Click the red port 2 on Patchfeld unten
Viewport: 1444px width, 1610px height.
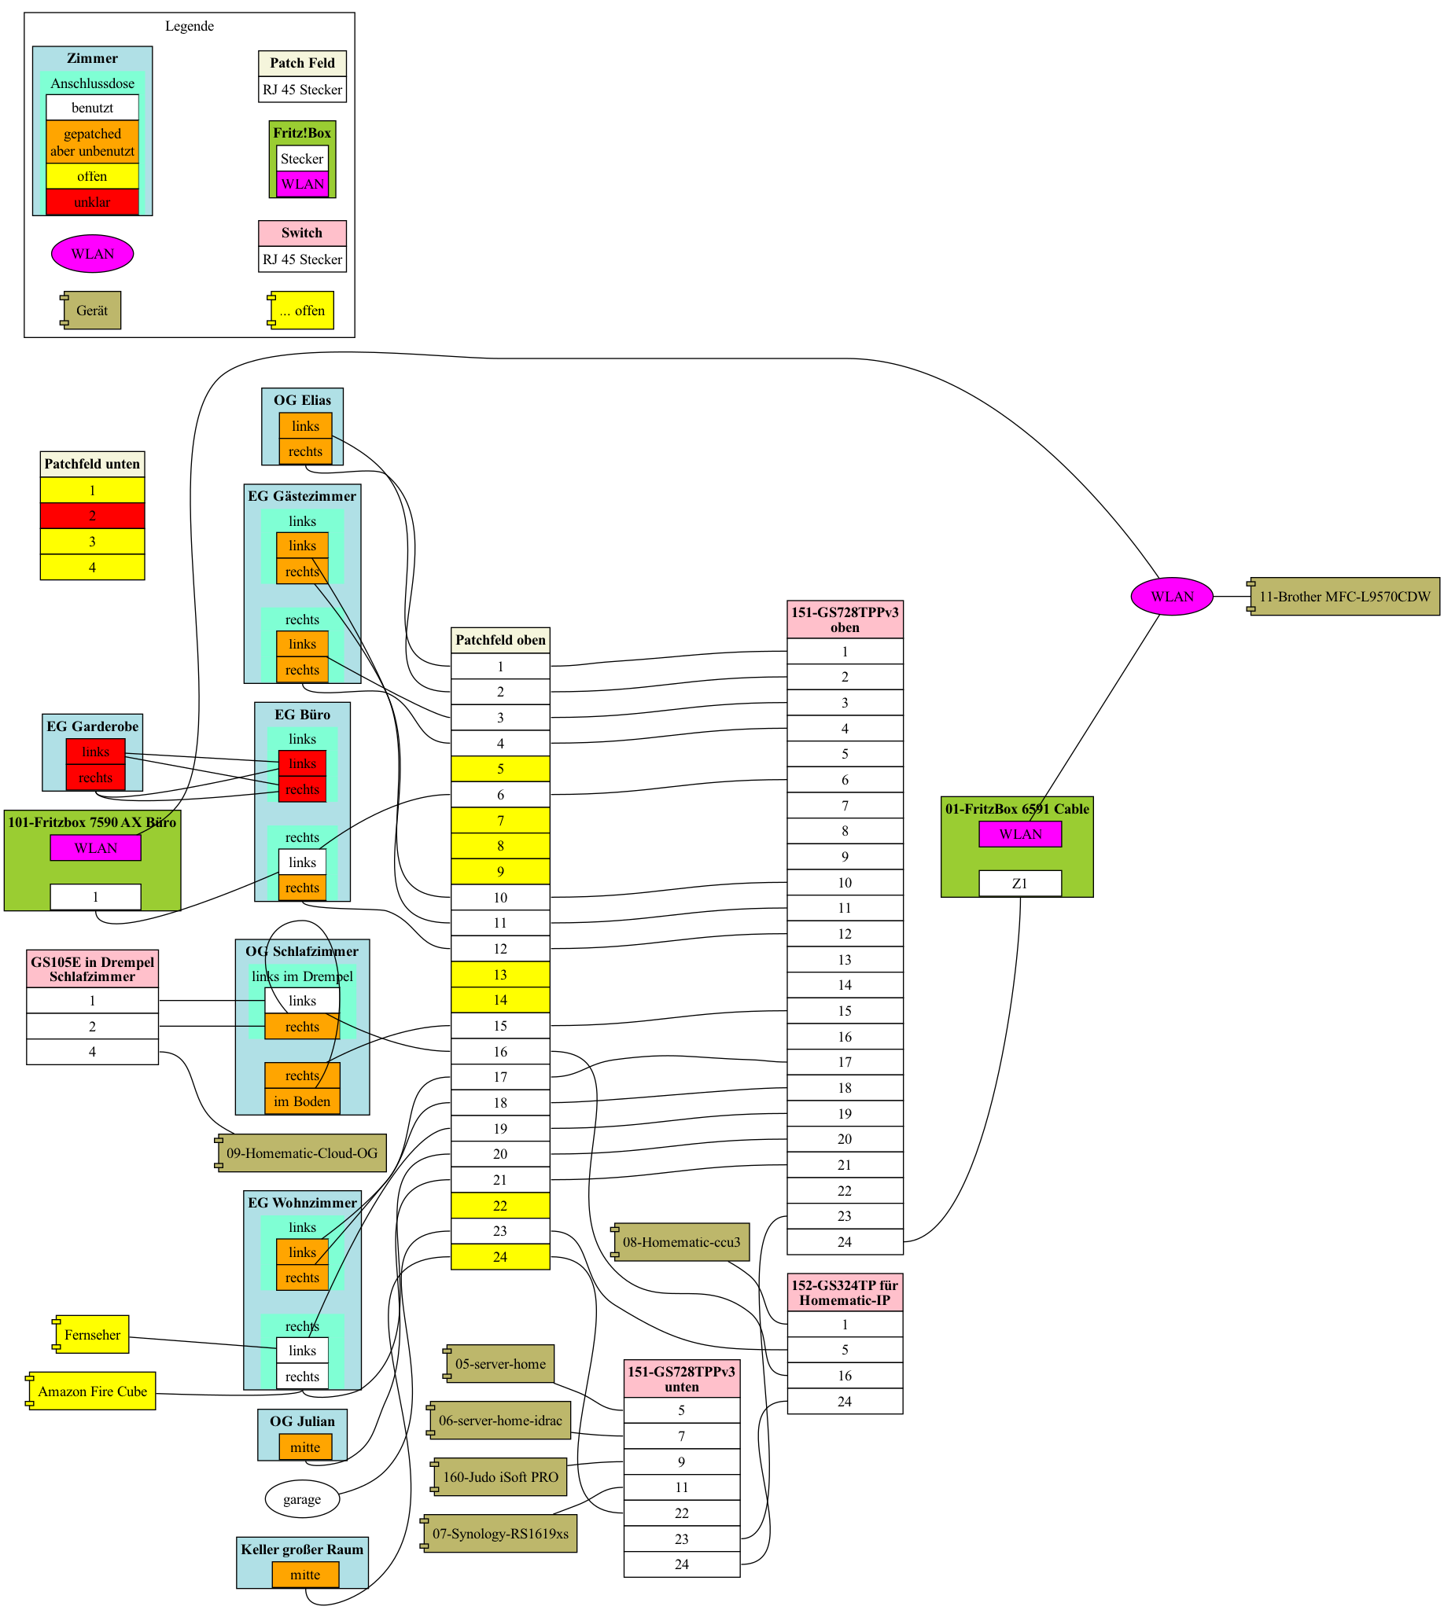(x=92, y=516)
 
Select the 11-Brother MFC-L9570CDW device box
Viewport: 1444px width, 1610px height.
(x=1344, y=597)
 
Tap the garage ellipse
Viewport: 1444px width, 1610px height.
(x=301, y=1499)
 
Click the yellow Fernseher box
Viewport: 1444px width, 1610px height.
(x=92, y=1335)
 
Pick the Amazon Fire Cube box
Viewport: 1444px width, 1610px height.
(x=92, y=1391)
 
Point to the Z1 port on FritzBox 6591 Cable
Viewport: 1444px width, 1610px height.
(x=1019, y=884)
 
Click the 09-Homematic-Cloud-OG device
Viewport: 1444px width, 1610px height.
(x=301, y=1152)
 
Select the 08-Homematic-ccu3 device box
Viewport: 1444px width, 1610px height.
(x=681, y=1241)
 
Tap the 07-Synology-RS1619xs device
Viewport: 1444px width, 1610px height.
(x=500, y=1533)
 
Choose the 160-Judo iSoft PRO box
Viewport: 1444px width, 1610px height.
(x=500, y=1477)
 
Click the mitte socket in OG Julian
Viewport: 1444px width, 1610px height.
(x=304, y=1446)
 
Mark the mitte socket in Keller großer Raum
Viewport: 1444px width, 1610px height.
(x=304, y=1575)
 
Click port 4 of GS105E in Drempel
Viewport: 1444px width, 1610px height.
(x=92, y=1052)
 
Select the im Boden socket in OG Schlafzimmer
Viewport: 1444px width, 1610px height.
(x=301, y=1101)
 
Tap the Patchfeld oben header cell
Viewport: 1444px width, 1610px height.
(x=500, y=640)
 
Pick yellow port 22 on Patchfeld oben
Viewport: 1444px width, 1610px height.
(x=500, y=1205)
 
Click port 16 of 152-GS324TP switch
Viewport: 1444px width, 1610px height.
(x=844, y=1376)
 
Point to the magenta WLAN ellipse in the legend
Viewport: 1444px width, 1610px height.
(x=92, y=254)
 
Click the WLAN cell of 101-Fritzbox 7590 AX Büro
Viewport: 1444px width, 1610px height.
(x=95, y=847)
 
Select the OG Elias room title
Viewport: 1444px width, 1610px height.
(x=302, y=400)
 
